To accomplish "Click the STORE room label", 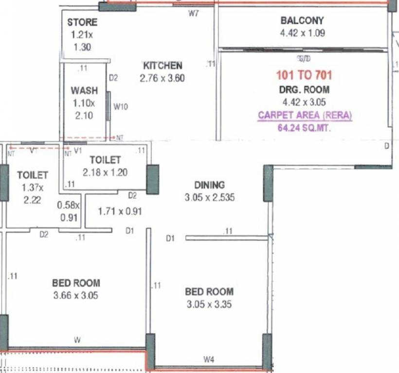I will pos(82,22).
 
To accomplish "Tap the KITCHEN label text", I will pos(163,66).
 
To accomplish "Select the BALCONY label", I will pos(302,21).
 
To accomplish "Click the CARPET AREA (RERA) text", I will pos(305,116).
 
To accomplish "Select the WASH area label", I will pos(84,91).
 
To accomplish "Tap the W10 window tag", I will pos(121,106).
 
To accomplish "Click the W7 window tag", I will pos(194,14).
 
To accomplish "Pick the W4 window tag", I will pos(209,360).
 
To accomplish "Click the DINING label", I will pos(210,185).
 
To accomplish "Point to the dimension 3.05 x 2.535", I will pos(210,198).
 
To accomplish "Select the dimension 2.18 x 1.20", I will pos(105,172).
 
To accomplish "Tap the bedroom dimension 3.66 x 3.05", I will pos(76,295).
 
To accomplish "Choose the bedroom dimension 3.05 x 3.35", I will pos(209,305).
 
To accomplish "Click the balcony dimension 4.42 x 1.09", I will pos(302,34).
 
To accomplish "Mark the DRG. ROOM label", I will pos(304,89).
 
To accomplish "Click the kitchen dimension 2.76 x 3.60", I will pos(162,78).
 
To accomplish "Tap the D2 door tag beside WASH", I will pos(113,77).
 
